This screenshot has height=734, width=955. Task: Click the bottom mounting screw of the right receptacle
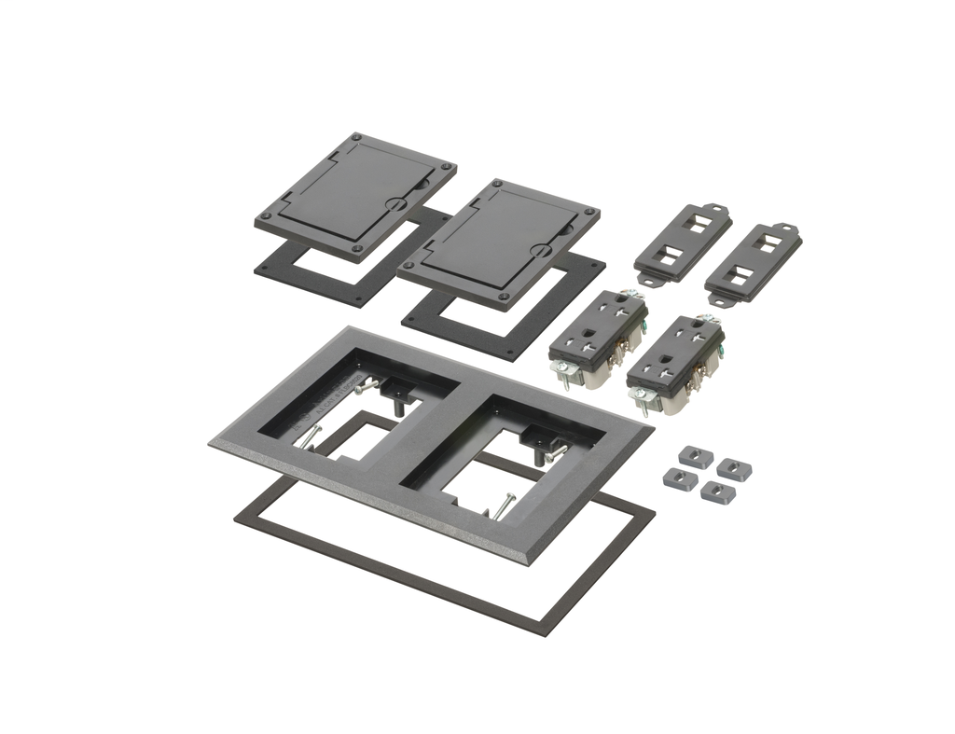click(x=639, y=403)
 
